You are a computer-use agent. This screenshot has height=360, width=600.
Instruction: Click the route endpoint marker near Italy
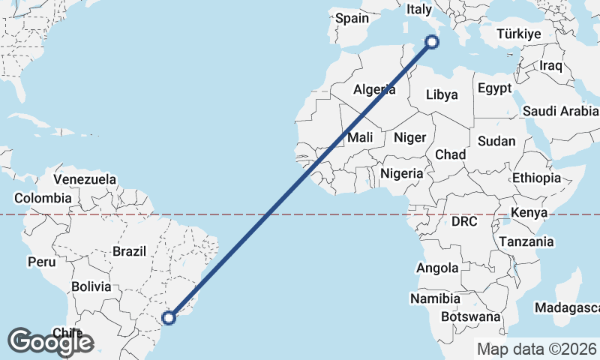[432, 43]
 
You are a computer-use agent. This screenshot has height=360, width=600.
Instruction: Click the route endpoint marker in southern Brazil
[169, 318]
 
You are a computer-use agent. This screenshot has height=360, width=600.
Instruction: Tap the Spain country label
[352, 18]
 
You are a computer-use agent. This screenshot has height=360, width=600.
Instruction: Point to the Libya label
[441, 95]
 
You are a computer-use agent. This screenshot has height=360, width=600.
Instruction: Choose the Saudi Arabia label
[560, 111]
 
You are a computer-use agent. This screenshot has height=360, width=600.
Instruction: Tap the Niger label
[409, 137]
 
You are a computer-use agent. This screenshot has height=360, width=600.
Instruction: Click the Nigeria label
[402, 173]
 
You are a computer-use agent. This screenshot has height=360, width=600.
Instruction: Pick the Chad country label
[450, 154]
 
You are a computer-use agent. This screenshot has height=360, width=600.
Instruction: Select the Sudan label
[496, 141]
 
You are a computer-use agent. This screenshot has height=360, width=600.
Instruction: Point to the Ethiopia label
[536, 178]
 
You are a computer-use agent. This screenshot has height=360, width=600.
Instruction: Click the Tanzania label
[526, 241]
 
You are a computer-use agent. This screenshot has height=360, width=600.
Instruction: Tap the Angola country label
[438, 268]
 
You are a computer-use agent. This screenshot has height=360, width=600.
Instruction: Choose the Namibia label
[435, 298]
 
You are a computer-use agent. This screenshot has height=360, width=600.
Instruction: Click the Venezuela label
[85, 179]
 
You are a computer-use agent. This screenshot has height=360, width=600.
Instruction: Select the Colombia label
[43, 198]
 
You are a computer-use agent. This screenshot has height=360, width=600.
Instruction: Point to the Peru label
[42, 262]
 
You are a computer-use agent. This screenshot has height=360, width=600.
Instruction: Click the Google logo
[50, 342]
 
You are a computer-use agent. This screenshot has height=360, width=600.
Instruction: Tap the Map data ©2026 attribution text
[537, 349]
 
